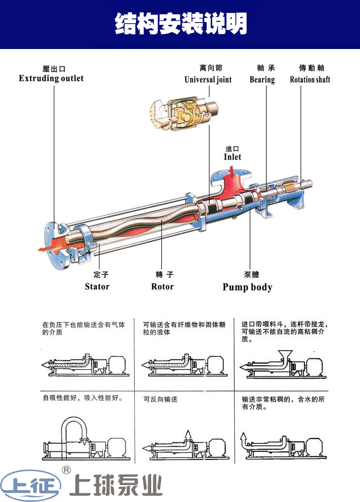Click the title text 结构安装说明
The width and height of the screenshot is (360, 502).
coord(180,23)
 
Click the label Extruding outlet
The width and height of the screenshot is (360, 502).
coord(51,78)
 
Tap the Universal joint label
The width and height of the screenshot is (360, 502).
coord(208,80)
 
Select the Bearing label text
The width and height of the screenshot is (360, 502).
coord(262,80)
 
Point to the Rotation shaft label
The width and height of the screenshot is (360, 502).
coord(310,80)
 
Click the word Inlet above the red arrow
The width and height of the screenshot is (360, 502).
coord(232,157)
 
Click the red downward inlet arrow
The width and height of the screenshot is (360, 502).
coord(232,172)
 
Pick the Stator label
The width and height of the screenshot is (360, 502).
coord(97,287)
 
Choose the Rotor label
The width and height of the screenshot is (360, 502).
coord(162,287)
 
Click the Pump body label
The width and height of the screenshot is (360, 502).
coord(247,287)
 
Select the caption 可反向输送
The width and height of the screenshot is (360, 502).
coord(160,399)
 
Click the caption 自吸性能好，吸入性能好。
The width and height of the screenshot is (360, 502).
coord(83,398)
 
